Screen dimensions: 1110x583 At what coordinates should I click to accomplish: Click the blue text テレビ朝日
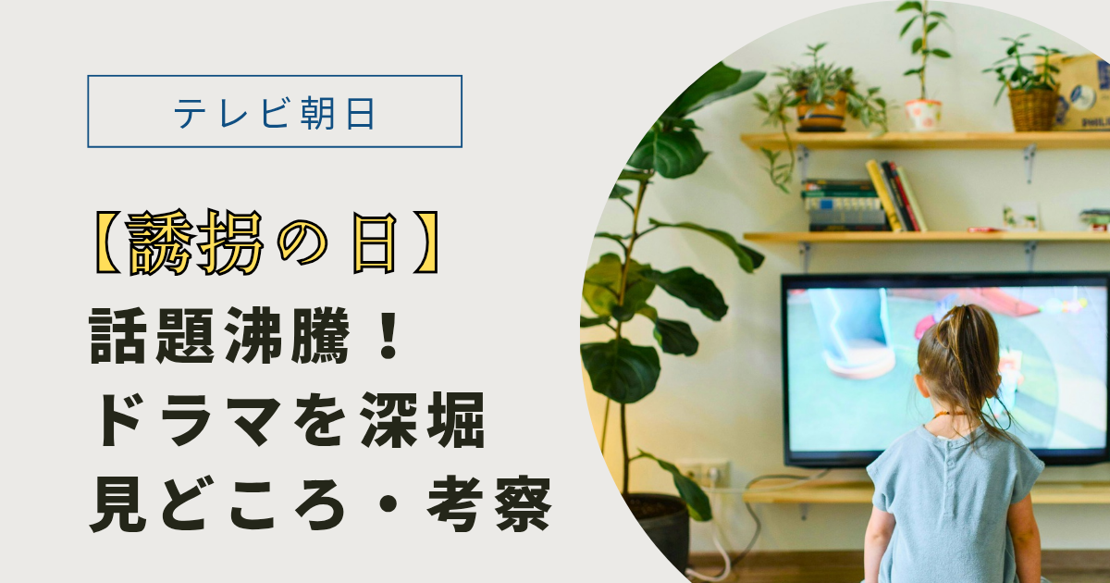tap(274, 113)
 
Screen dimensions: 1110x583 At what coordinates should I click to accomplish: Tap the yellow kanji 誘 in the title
tap(159, 242)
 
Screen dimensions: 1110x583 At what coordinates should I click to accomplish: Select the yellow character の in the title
tap(302, 243)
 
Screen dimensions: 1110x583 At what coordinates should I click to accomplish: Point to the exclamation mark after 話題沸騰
tap(388, 335)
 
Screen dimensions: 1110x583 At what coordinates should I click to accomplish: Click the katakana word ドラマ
tap(190, 420)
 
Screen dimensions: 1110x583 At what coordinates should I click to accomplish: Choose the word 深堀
tap(422, 420)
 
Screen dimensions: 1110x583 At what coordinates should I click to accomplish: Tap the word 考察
tap(489, 503)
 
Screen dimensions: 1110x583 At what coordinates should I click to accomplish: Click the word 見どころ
tap(217, 503)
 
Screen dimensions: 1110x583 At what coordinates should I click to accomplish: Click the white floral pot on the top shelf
tap(923, 116)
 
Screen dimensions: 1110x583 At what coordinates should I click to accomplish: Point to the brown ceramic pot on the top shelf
tap(821, 111)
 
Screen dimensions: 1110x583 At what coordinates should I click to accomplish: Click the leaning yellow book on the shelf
tap(883, 195)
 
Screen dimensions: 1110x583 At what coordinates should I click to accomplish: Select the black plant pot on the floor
tap(659, 530)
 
